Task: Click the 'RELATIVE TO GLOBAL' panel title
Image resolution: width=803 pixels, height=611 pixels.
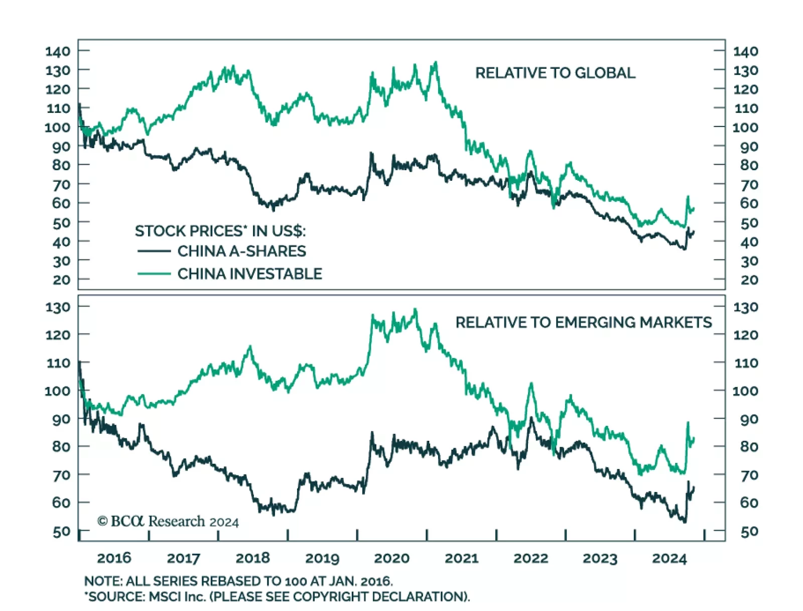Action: pos(555,73)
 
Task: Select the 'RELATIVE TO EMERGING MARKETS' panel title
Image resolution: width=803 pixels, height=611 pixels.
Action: pos(583,322)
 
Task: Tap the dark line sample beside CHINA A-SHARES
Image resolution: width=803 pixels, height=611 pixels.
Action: pos(154,251)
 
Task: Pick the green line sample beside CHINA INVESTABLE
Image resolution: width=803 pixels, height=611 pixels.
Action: pos(154,274)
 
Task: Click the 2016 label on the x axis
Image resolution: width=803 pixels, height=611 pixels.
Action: pos(114,558)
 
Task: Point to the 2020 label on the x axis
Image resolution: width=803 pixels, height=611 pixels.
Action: pos(392,558)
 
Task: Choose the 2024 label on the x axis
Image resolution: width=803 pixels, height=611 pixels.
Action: pos(669,558)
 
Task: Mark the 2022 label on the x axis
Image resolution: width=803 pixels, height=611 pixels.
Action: pos(530,558)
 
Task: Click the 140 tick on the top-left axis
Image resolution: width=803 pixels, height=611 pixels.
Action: pos(58,51)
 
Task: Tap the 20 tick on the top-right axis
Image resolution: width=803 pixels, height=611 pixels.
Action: pos(749,280)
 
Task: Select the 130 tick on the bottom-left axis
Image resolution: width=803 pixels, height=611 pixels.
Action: pos(58,307)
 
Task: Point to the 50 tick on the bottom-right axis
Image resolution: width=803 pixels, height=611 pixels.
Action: pos(749,532)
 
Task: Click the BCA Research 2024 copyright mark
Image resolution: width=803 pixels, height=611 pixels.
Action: pos(168,522)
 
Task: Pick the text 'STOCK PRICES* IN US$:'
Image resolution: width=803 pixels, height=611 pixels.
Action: pos(220,231)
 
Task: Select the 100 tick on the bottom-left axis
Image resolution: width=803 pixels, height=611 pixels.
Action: pos(58,391)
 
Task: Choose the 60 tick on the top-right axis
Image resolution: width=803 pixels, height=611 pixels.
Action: pos(749,203)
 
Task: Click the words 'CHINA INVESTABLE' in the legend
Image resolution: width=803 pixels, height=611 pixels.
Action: pos(249,274)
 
